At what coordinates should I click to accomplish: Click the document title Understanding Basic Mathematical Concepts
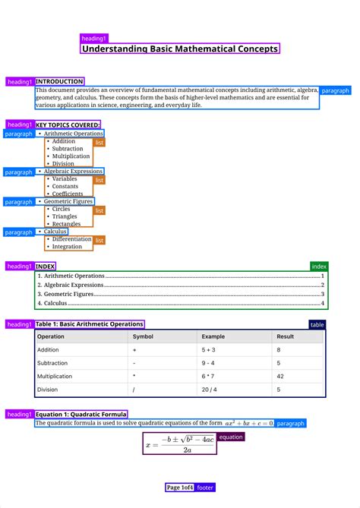[x=180, y=49]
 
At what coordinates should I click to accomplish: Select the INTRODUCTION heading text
[x=59, y=81]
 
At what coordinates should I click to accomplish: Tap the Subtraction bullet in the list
[x=68, y=149]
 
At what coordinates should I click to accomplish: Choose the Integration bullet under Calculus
[x=67, y=247]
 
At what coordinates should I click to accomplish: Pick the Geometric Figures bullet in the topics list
[x=68, y=202]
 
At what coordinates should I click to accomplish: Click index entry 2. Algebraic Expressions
[x=74, y=285]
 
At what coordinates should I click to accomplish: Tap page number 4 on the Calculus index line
[x=323, y=303]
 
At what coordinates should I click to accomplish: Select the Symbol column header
[x=143, y=336]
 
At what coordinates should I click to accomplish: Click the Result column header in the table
[x=286, y=336]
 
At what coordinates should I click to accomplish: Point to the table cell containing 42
[x=280, y=376]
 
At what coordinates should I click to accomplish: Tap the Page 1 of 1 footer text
[x=180, y=487]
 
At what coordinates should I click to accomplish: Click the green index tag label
[x=319, y=267]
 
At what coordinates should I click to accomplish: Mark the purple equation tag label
[x=231, y=437]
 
